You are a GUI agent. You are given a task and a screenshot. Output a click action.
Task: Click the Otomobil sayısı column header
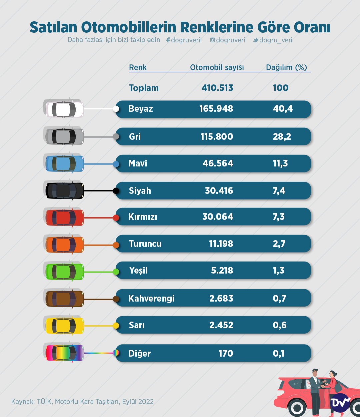(217, 67)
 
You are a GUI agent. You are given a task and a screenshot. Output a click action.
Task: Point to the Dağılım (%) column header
(286, 67)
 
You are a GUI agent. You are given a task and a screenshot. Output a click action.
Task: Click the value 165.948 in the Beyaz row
(216, 109)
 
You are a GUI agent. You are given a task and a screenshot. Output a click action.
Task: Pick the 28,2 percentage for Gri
(282, 136)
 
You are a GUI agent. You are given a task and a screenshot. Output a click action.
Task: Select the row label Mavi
(138, 163)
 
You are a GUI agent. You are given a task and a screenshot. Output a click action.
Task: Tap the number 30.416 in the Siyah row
(219, 191)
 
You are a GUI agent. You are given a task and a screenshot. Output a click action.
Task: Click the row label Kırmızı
(143, 217)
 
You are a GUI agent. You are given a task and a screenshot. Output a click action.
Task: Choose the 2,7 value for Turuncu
(279, 244)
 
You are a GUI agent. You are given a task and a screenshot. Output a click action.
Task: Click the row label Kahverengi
(151, 298)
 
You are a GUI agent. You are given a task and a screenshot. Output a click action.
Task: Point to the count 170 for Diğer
(226, 353)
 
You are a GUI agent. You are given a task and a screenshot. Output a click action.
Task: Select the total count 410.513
(217, 88)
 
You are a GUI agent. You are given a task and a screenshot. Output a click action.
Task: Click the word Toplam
(144, 88)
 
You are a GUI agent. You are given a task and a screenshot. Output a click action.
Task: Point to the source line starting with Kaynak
(82, 401)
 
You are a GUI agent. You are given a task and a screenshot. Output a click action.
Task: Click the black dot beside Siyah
(116, 191)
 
